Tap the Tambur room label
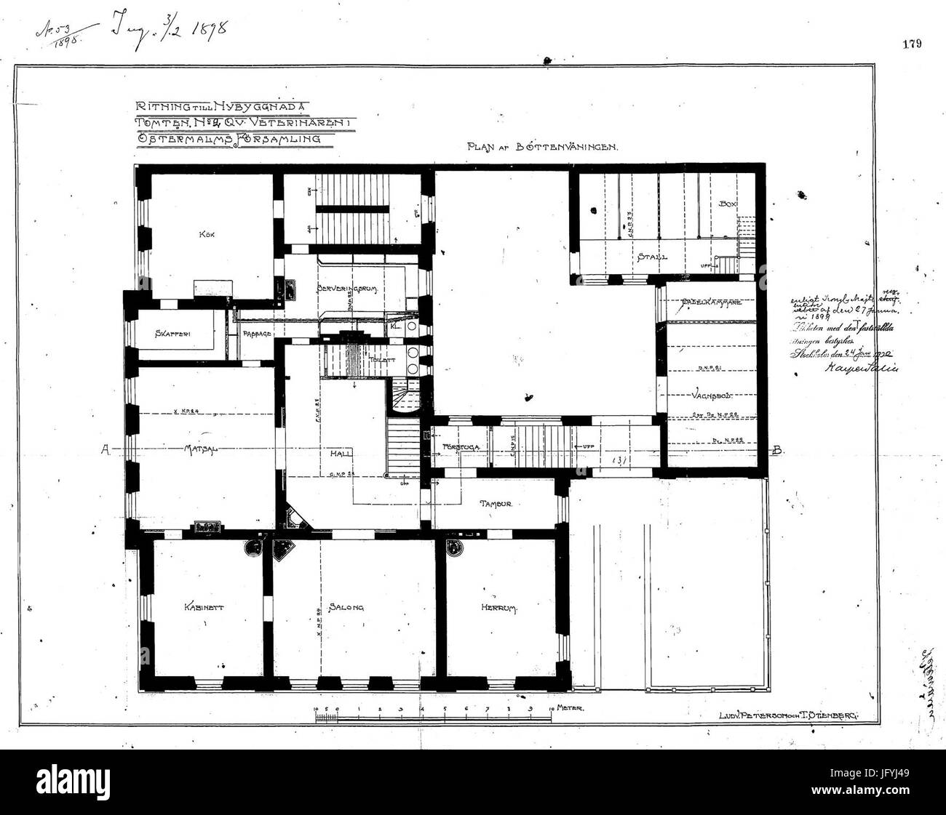click(x=497, y=503)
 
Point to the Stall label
click(x=653, y=257)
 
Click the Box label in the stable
click(x=728, y=204)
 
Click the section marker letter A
click(x=106, y=450)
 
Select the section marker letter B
click(x=778, y=450)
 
